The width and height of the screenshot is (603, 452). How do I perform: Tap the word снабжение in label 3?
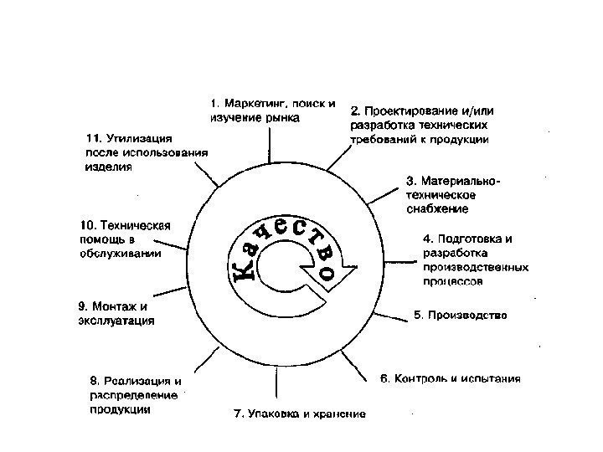point(437,208)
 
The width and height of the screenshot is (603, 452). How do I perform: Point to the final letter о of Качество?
point(328,271)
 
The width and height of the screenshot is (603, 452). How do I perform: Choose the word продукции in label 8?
point(121,410)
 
